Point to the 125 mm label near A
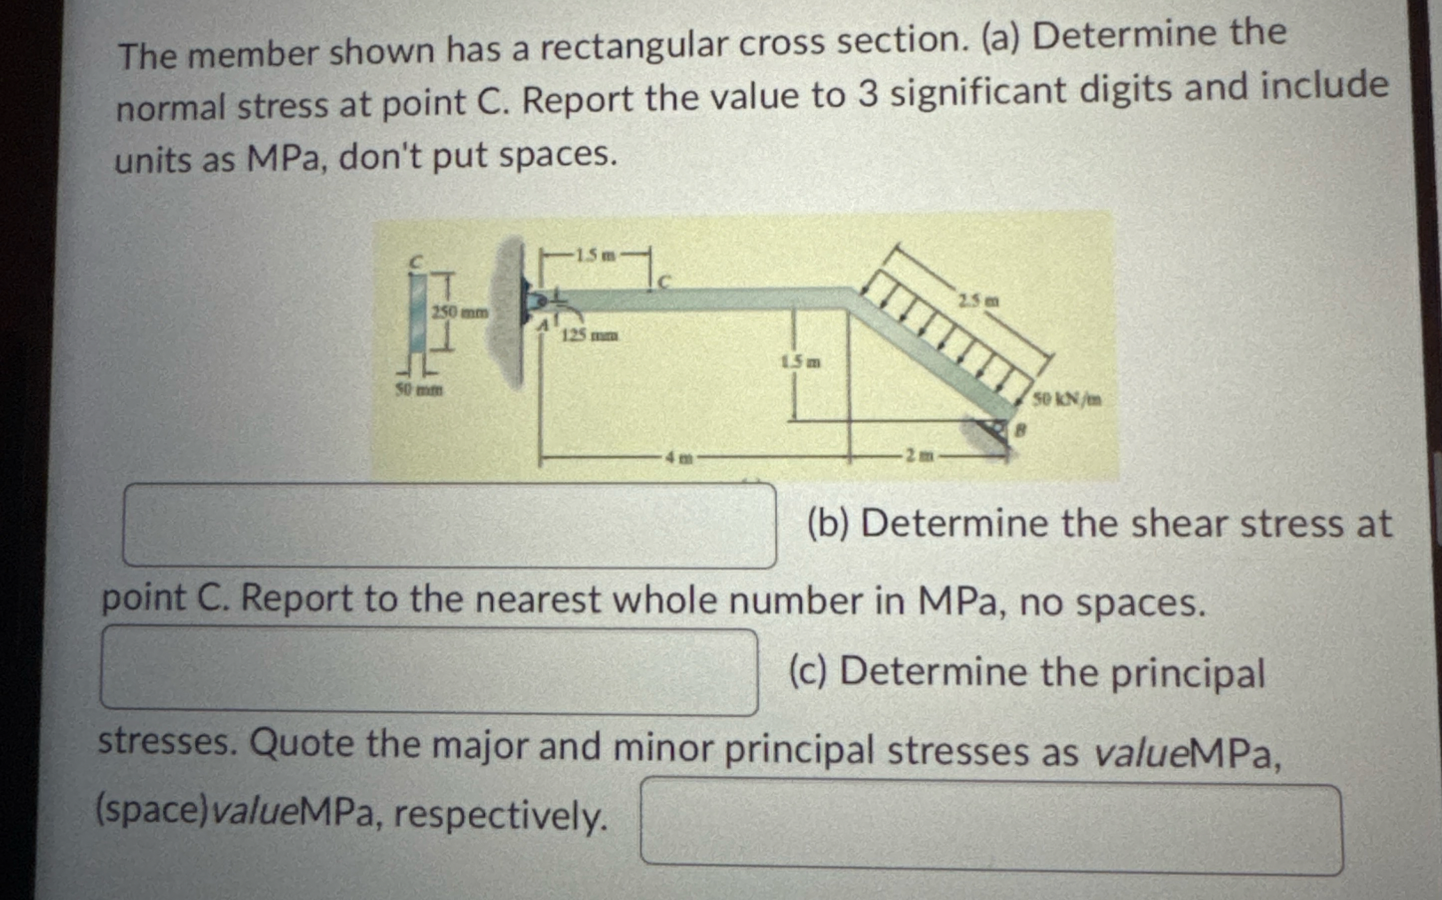tap(590, 336)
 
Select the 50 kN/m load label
tap(1066, 399)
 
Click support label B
tap(1019, 429)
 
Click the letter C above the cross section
tap(418, 261)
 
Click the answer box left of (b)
tap(449, 525)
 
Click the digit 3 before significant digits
tap(869, 95)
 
